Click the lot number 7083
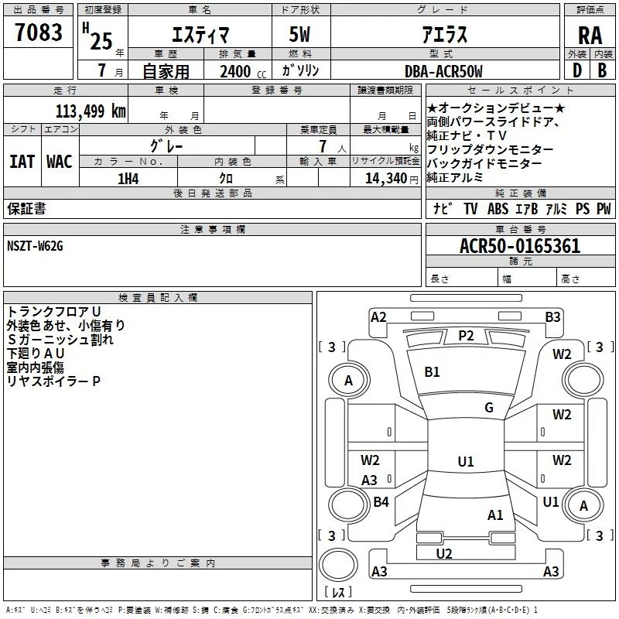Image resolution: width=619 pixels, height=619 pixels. pyautogui.click(x=38, y=32)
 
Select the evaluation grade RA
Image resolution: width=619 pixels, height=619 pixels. pyautogui.click(x=590, y=36)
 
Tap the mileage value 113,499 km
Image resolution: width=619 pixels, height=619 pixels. pyautogui.click(x=91, y=111)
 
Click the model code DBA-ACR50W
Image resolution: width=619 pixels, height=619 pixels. pyautogui.click(x=443, y=71)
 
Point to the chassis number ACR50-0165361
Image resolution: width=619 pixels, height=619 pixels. pyautogui.click(x=520, y=246)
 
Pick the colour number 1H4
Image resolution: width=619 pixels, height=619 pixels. pyautogui.click(x=128, y=179)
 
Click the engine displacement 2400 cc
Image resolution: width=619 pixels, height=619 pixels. pyautogui.click(x=243, y=71)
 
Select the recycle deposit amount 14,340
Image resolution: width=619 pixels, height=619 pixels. pyautogui.click(x=386, y=179)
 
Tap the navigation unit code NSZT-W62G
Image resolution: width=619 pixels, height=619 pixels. pyautogui.click(x=35, y=246)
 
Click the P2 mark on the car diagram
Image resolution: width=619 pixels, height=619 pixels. pyautogui.click(x=466, y=336)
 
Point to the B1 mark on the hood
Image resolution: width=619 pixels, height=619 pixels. pyautogui.click(x=432, y=372)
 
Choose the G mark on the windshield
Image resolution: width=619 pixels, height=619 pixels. pyautogui.click(x=489, y=408)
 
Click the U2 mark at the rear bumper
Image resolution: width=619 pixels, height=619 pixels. pyautogui.click(x=444, y=553)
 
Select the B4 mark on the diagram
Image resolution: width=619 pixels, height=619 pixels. pyautogui.click(x=381, y=501)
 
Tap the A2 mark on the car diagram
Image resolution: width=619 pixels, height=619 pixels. pyautogui.click(x=378, y=317)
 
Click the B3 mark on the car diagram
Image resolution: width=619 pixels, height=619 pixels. pyautogui.click(x=552, y=317)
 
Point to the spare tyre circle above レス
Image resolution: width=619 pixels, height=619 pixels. pyautogui.click(x=338, y=565)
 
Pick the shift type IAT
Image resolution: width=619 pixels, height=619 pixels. pyautogui.click(x=22, y=162)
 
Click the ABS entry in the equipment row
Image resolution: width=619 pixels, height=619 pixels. pyautogui.click(x=498, y=208)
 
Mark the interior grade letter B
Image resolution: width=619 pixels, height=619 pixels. pyautogui.click(x=602, y=70)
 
